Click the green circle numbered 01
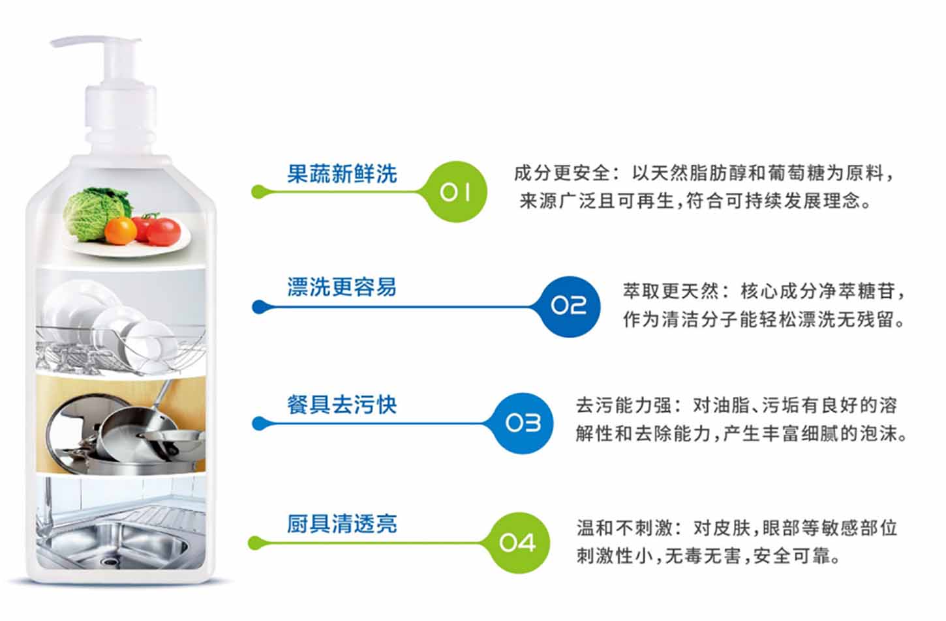click(456, 192)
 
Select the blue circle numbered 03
click(523, 423)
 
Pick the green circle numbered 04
click(519, 543)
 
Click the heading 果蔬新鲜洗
click(342, 174)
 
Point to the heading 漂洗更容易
click(342, 287)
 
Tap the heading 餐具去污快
click(342, 405)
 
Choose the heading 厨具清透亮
click(342, 523)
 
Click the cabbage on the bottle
click(97, 213)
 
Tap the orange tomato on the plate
click(121, 230)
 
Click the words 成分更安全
click(562, 173)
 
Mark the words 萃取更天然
click(671, 291)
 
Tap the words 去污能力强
click(624, 406)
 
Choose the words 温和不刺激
click(624, 528)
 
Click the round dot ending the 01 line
click(259, 192)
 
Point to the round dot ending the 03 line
click(259, 423)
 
